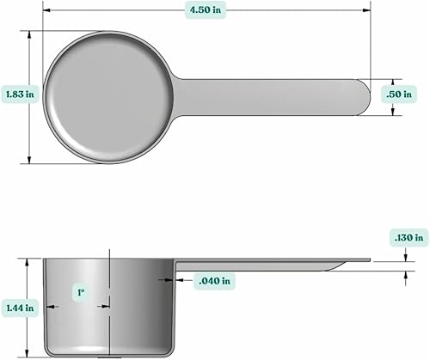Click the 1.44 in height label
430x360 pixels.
tap(19, 306)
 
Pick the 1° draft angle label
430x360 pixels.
tap(80, 293)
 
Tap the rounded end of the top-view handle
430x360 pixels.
tap(362, 95)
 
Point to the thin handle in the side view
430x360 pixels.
tap(267, 262)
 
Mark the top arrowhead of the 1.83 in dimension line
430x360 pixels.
tap(30, 34)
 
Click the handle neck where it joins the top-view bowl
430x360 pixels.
tap(181, 95)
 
